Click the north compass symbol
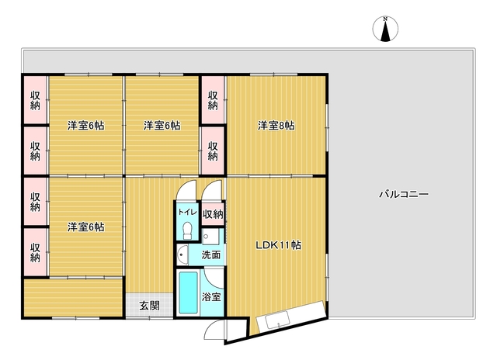385,29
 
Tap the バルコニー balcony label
404,194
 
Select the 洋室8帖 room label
276,126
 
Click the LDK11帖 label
278,245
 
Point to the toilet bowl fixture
187,230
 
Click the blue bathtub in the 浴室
188,292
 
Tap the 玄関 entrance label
149,306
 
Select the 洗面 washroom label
211,254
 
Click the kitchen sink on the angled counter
278,320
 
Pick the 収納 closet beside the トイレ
213,214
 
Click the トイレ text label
187,212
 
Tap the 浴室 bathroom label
211,296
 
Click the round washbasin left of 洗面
182,254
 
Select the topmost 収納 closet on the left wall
35,100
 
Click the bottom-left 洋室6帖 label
85,227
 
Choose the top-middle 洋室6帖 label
162,126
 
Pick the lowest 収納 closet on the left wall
35,252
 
